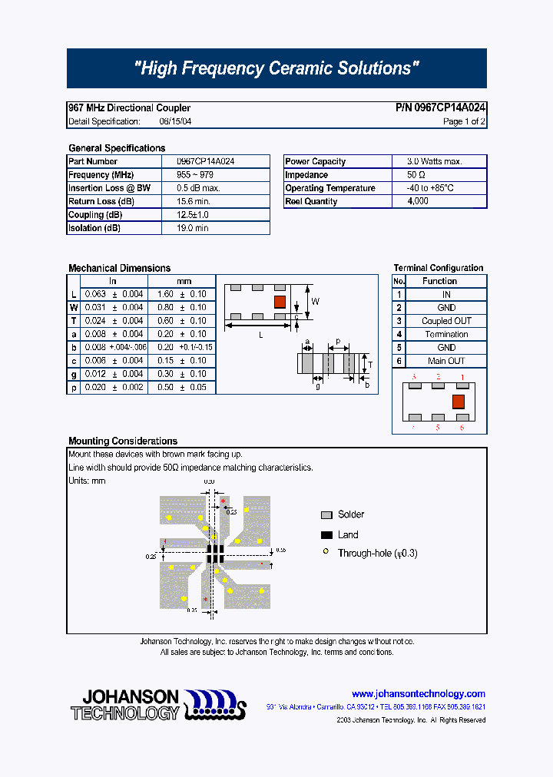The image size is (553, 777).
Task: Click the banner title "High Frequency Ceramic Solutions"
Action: point(276,68)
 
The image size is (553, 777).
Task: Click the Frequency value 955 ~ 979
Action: point(194,175)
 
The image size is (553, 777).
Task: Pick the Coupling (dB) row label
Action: point(95,215)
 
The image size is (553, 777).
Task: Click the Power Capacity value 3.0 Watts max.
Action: point(434,161)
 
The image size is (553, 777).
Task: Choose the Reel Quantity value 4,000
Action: point(418,201)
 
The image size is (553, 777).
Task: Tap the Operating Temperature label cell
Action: point(330,188)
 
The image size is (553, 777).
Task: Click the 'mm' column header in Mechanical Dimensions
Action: point(184,281)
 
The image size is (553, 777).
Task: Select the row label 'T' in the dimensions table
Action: point(74,321)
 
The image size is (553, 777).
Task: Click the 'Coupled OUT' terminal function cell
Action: point(446,321)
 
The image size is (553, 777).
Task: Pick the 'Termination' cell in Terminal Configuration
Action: point(446,334)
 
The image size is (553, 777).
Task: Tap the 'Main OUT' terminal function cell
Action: point(446,361)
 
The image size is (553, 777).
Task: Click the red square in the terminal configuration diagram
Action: point(459,402)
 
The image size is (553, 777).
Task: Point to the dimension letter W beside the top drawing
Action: point(315,301)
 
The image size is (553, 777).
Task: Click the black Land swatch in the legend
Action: point(326,535)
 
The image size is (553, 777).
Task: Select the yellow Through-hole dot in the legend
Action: point(326,553)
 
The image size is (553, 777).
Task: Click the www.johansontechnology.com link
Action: point(418,693)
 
